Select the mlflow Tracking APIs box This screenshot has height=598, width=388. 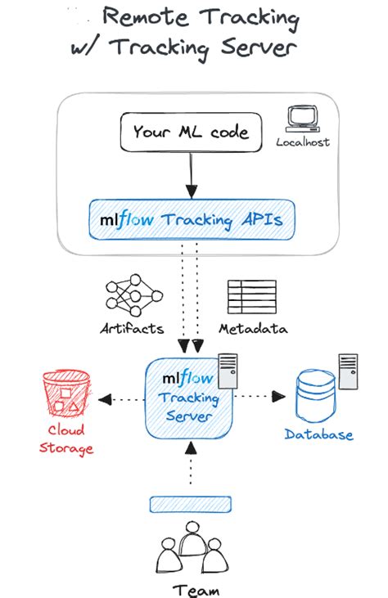191,219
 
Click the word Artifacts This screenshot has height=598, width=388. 132,329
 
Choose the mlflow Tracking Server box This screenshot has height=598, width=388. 189,398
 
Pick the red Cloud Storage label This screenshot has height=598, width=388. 68,439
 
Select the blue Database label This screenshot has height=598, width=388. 319,434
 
